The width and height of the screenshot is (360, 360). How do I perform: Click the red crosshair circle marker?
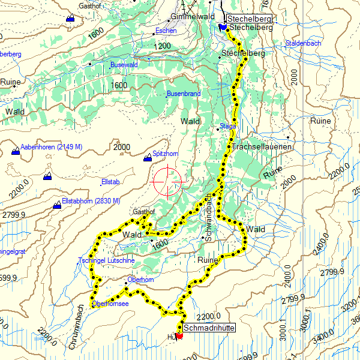[x=167, y=181]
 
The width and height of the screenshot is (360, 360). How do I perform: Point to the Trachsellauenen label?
[x=262, y=147]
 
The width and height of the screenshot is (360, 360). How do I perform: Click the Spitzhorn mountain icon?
[x=148, y=158]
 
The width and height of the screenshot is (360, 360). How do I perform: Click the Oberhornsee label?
[x=110, y=304]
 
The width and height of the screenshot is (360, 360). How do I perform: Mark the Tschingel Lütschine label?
[x=107, y=260]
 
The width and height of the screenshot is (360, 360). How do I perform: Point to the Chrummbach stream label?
[x=81, y=325]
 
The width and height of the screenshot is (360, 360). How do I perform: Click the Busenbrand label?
[x=183, y=94]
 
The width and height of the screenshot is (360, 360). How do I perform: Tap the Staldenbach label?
[x=304, y=43]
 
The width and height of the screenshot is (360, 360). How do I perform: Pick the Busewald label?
[x=124, y=64]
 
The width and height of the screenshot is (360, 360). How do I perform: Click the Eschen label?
[x=166, y=31]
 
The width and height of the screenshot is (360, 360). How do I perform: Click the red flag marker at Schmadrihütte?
[x=179, y=336]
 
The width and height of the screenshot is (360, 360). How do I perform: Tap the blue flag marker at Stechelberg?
[x=223, y=27]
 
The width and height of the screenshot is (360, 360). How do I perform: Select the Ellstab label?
[x=111, y=182]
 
